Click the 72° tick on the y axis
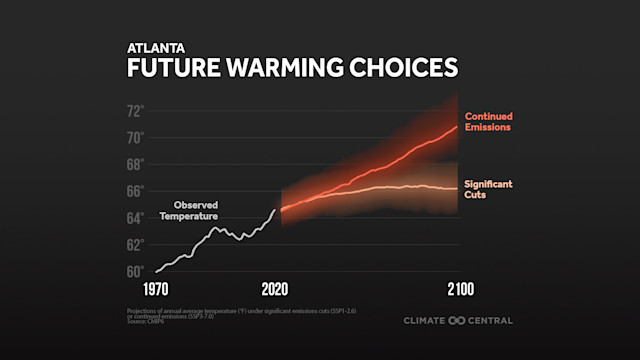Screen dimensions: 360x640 point(135,110)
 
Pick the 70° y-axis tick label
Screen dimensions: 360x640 point(135,137)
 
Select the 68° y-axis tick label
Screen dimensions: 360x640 point(135,164)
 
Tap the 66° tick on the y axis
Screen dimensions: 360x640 point(135,190)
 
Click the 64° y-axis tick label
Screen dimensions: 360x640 point(135,217)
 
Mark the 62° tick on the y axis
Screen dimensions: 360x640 point(135,244)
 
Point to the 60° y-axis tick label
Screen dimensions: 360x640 point(135,271)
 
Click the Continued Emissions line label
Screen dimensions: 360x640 point(488,121)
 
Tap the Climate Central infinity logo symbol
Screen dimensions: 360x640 point(457,321)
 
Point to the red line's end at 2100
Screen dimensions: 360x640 point(457,127)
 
